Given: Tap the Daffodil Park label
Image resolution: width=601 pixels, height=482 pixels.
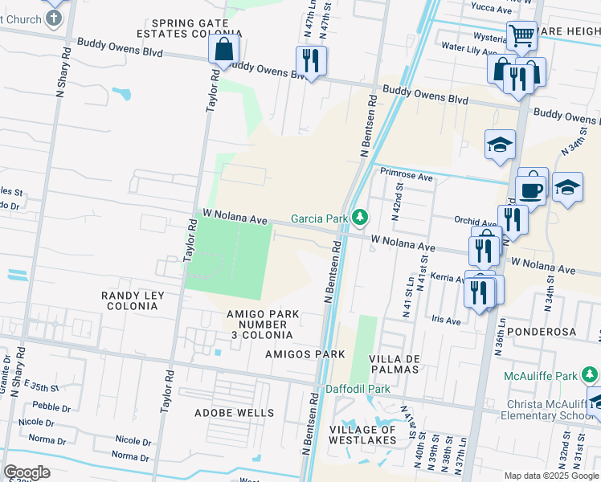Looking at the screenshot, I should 358,389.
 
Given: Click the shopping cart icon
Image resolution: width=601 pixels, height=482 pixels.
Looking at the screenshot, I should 521,35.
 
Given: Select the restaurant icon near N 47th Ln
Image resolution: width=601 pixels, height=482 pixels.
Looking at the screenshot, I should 311,61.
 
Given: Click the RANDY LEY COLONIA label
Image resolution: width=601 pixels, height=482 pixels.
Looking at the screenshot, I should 133,300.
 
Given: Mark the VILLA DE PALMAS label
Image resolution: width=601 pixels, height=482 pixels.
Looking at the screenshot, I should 394,363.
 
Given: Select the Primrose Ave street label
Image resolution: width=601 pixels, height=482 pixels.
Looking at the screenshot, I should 407,176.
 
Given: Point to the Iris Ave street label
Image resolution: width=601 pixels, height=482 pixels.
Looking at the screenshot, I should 447,320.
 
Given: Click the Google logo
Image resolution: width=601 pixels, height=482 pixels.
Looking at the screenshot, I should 27,472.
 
